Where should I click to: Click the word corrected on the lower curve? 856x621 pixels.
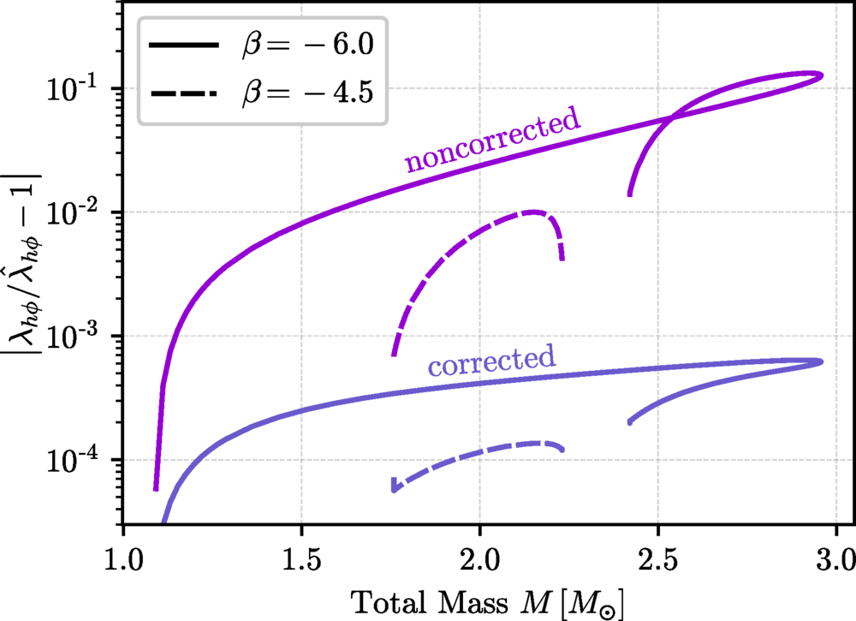tap(491, 361)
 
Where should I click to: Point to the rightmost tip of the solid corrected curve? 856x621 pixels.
tap(821, 361)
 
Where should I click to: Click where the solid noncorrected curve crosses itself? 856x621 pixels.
tap(670, 117)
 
